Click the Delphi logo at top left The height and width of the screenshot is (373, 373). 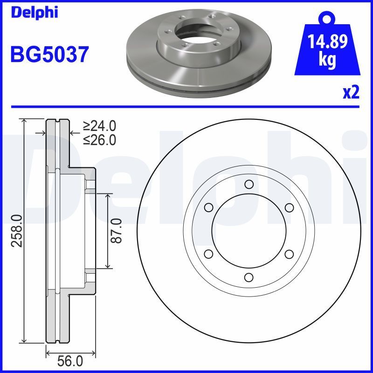(34, 13)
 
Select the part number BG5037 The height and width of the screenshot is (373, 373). (49, 55)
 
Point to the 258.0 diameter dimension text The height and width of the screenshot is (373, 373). (16, 231)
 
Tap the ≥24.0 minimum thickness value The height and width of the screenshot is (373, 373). (99, 126)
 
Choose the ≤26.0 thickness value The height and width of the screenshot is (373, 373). (99, 139)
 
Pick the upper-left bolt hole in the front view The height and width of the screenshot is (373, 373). (208, 207)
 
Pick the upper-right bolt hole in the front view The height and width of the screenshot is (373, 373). (289, 207)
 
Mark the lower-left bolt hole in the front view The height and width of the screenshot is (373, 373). (208, 254)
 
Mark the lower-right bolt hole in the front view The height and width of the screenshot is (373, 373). (289, 254)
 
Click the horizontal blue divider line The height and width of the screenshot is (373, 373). (186, 107)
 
